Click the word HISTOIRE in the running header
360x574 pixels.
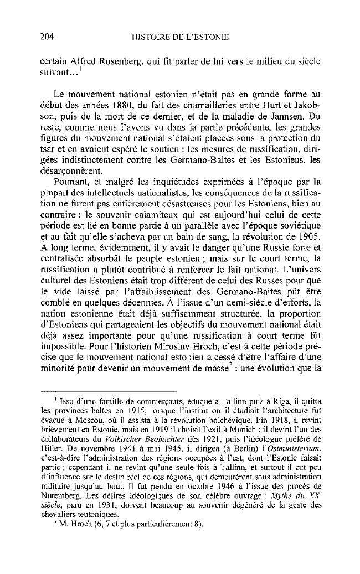click(x=154, y=37)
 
